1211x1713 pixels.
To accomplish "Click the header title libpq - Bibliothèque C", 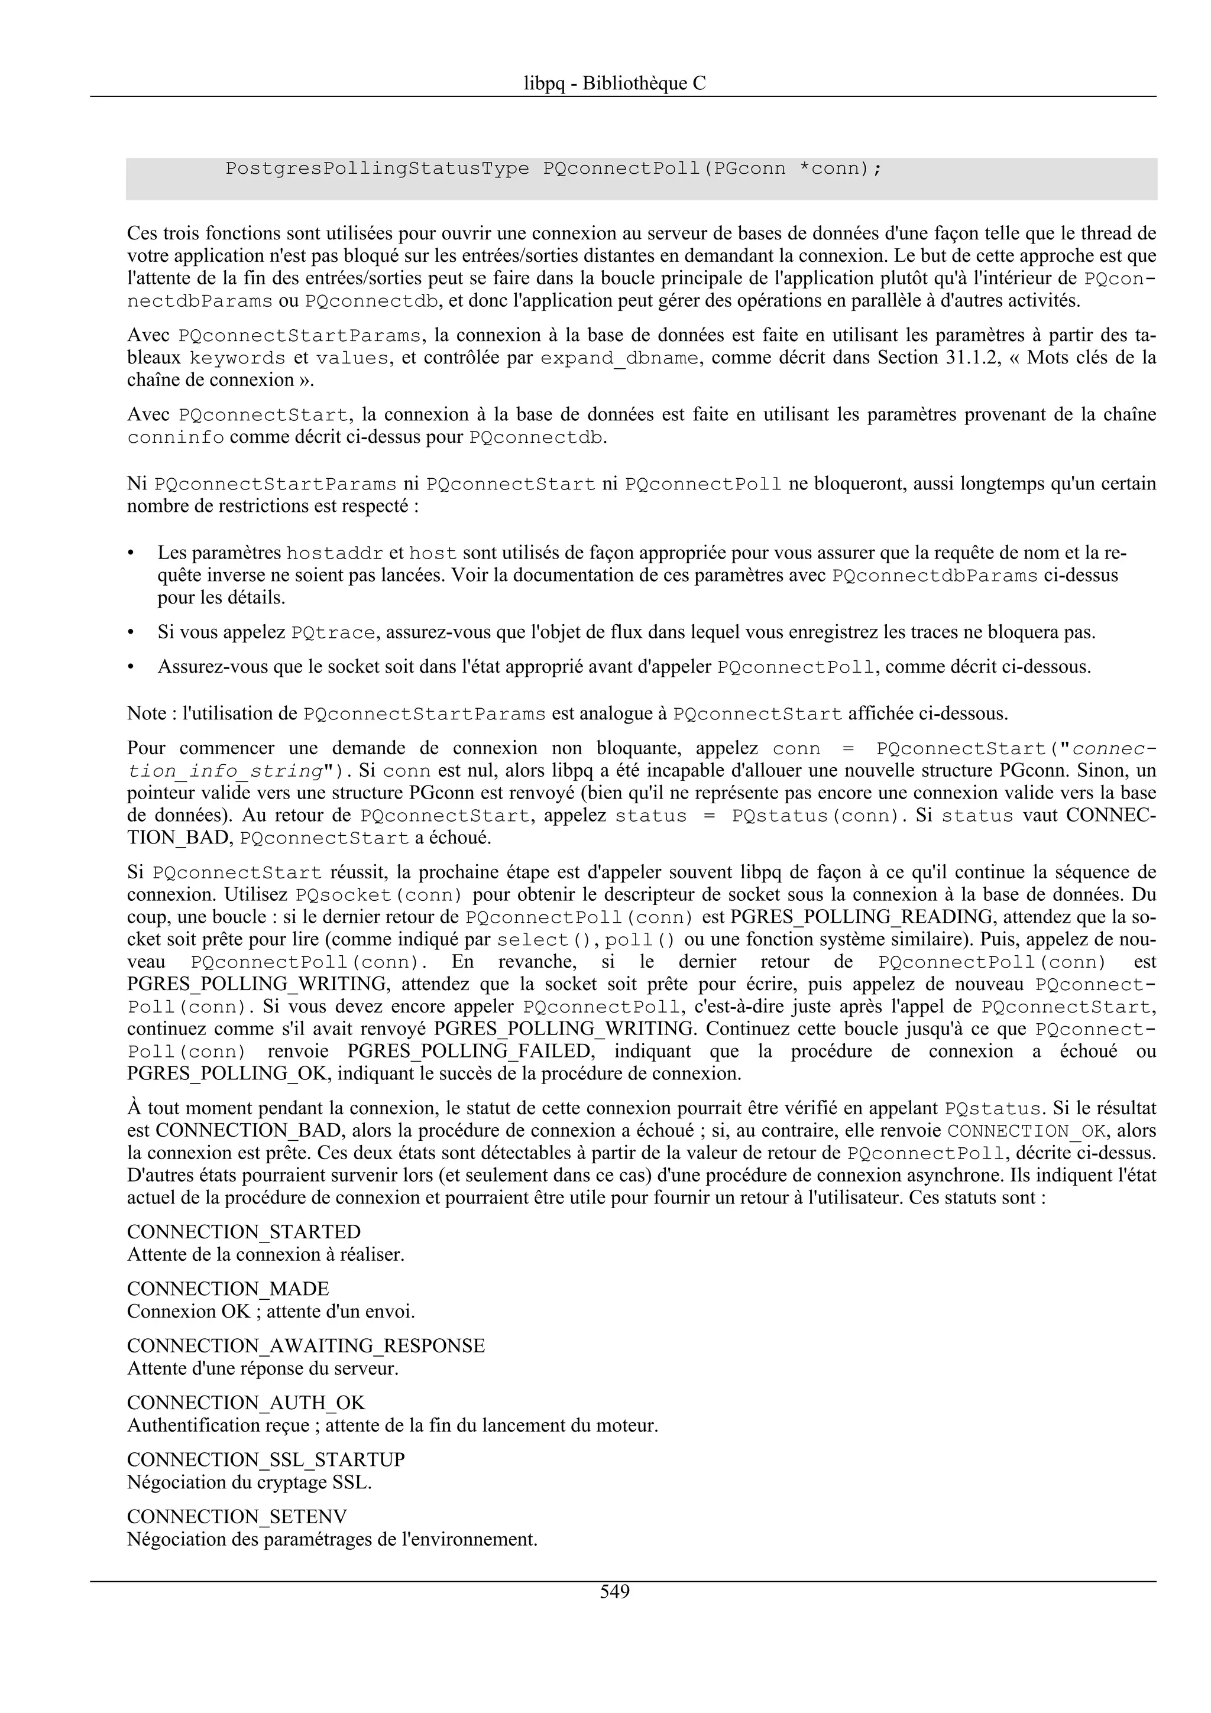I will tap(614, 83).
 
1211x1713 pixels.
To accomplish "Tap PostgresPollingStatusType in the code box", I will tap(377, 168).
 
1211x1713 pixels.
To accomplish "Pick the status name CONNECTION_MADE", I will tap(228, 1289).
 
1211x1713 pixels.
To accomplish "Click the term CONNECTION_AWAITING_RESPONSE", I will tap(305, 1345).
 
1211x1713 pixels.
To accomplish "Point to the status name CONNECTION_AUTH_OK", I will tap(245, 1403).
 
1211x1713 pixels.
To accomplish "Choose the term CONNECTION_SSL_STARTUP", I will tap(265, 1459).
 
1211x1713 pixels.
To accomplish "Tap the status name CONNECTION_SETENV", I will tap(237, 1516).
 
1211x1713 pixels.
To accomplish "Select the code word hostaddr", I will tap(335, 554).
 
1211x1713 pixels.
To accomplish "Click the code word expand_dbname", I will tap(619, 358).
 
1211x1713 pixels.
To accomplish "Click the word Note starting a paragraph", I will tap(146, 713).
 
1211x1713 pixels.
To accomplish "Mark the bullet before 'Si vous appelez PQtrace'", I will tap(131, 632).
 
